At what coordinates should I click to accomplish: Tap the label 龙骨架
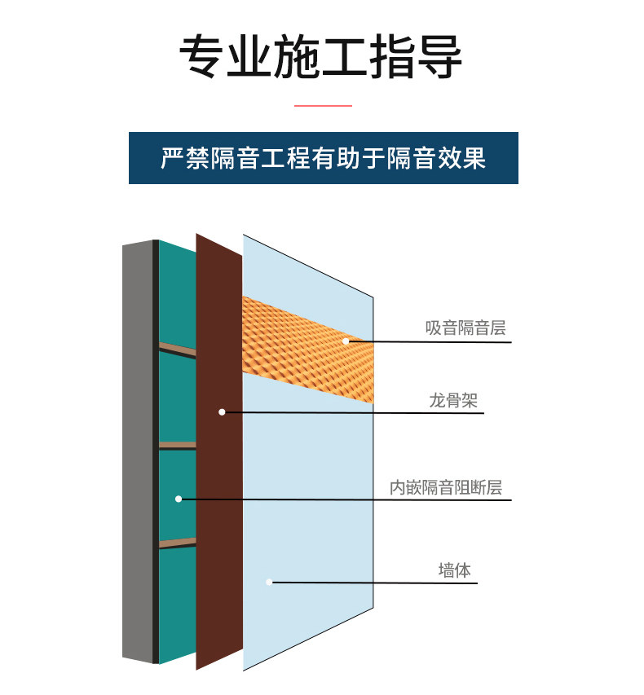click(453, 400)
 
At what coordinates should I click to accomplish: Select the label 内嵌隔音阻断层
click(445, 488)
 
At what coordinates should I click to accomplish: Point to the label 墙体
click(454, 570)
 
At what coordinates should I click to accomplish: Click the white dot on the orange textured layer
click(346, 341)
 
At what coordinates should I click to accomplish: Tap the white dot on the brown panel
click(222, 412)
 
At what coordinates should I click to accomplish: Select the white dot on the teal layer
click(179, 499)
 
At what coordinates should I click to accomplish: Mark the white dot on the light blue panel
click(269, 582)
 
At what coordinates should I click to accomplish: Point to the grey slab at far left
click(137, 448)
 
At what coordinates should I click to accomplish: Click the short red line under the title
click(322, 105)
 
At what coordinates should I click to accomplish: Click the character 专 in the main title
click(202, 57)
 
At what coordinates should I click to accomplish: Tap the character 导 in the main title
click(439, 57)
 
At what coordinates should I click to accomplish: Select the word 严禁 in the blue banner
click(181, 157)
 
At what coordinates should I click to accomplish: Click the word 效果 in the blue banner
click(465, 157)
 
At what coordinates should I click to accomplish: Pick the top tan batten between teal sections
click(177, 349)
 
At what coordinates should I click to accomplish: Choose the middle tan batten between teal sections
click(177, 446)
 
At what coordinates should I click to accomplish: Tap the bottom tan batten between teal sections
click(177, 543)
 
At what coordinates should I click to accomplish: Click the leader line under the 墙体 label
click(391, 583)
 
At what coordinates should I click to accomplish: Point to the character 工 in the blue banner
click(272, 157)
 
